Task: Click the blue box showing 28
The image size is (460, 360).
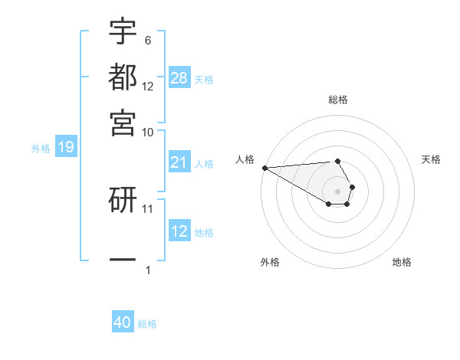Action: pyautogui.click(x=179, y=78)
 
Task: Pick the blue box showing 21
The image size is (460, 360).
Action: pyautogui.click(x=179, y=162)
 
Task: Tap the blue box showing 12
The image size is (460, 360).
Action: pyautogui.click(x=179, y=231)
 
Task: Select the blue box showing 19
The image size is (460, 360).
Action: pyautogui.click(x=65, y=148)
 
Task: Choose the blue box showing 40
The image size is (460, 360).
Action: pyautogui.click(x=123, y=323)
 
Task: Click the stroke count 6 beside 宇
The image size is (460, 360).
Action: pyautogui.click(x=147, y=40)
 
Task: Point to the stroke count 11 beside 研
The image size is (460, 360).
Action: pyautogui.click(x=148, y=208)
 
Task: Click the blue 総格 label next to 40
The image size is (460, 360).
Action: pyautogui.click(x=147, y=324)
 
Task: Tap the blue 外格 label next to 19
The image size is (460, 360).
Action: pyautogui.click(x=41, y=149)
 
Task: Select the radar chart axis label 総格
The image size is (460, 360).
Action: pyautogui.click(x=337, y=100)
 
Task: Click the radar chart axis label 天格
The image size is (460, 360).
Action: pyautogui.click(x=431, y=159)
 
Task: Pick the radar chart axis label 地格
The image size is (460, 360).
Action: pyautogui.click(x=402, y=262)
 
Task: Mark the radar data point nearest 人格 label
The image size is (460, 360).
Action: pyautogui.click(x=264, y=168)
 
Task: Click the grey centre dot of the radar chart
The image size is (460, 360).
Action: pyautogui.click(x=337, y=191)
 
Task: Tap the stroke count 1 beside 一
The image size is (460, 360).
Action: pyautogui.click(x=148, y=269)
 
